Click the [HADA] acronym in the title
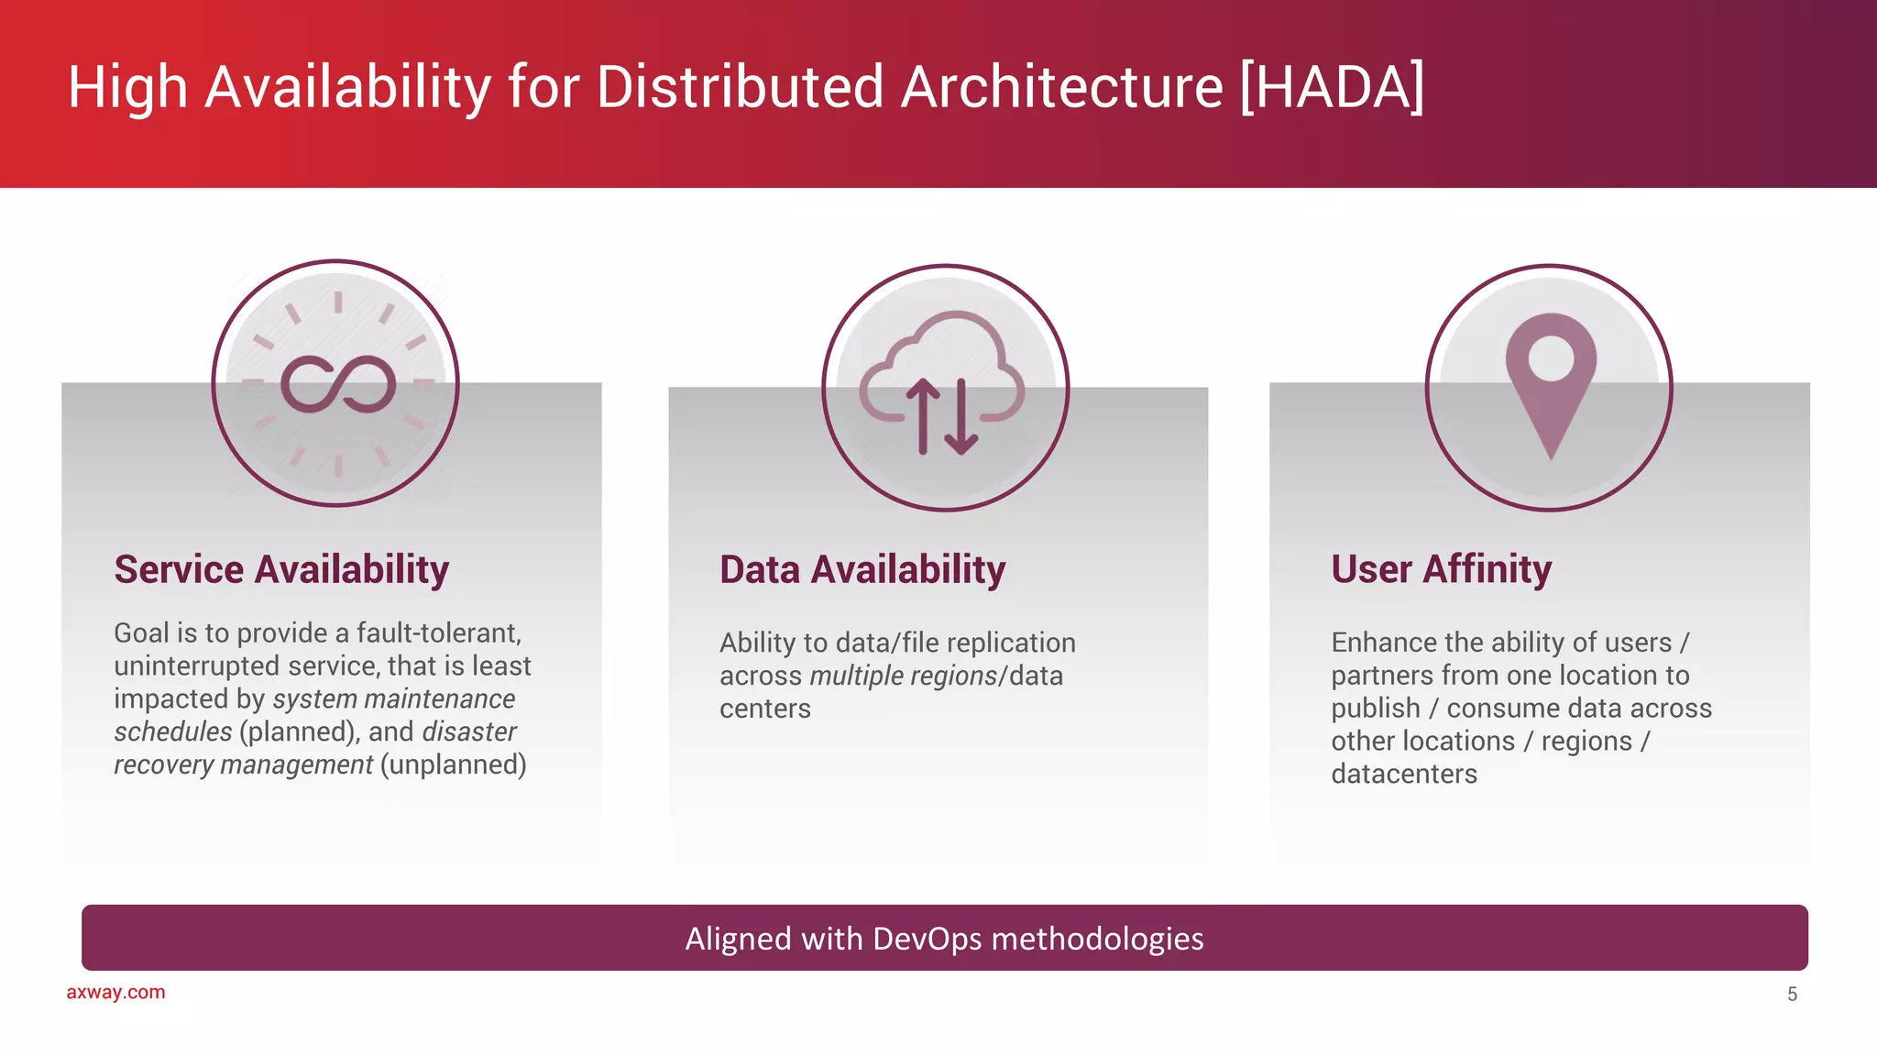[x=1332, y=87]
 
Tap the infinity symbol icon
[x=337, y=383]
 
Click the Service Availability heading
[x=281, y=569]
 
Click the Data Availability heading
[x=862, y=569]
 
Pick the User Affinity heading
[x=1441, y=569]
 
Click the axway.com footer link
[x=115, y=992]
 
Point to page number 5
[x=1792, y=994]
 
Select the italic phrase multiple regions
[x=903, y=676]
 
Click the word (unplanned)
[x=453, y=764]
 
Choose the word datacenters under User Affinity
[x=1403, y=775]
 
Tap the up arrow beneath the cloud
[x=923, y=417]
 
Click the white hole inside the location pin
[x=1551, y=358]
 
